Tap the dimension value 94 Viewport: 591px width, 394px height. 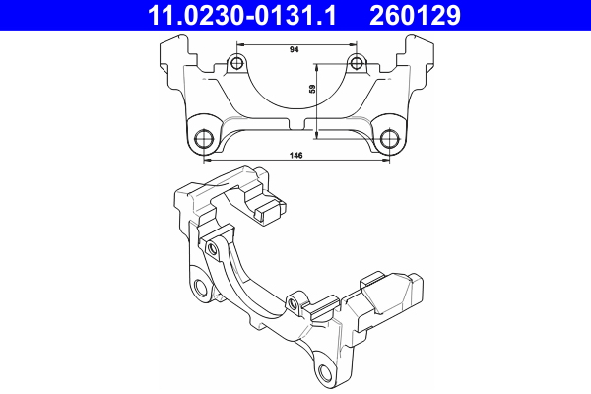tap(295, 48)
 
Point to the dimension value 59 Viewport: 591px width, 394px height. tap(312, 91)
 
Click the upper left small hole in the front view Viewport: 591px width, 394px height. tap(235, 65)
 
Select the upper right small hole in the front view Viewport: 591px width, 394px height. tap(356, 65)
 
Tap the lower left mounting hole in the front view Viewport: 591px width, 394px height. tap(205, 137)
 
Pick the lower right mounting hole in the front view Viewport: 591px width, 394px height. tap(390, 137)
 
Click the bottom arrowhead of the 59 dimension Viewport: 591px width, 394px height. tap(318, 136)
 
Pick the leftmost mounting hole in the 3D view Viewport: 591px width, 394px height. tap(201, 289)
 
